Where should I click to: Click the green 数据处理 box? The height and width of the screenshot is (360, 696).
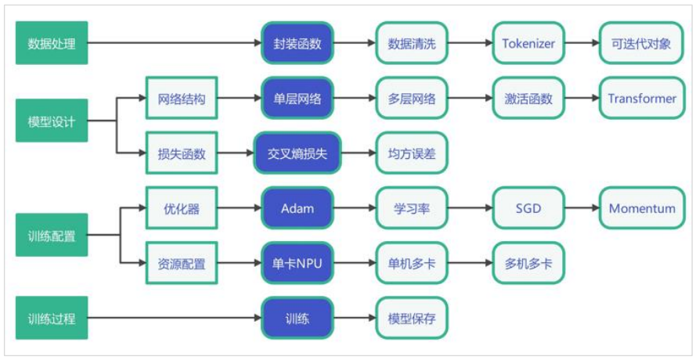click(52, 44)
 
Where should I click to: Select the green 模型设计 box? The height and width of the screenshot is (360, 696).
click(52, 121)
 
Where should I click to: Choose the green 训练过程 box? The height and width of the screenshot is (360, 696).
click(52, 319)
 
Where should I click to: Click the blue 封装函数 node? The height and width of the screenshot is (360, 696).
click(298, 44)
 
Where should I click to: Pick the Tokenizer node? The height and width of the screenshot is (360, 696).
click(528, 44)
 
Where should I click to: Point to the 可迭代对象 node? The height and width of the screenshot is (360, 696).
click(641, 44)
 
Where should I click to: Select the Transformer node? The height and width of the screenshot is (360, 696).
click(641, 99)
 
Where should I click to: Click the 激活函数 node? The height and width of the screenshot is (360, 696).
click(528, 99)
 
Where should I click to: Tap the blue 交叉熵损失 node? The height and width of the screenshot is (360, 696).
click(298, 154)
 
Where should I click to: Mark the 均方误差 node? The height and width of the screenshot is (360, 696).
click(412, 154)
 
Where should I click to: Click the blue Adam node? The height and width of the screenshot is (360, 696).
click(298, 208)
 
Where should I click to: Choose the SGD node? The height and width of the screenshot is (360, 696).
click(528, 208)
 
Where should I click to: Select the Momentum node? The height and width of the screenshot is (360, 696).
click(641, 208)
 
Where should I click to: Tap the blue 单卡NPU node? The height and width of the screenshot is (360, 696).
click(298, 264)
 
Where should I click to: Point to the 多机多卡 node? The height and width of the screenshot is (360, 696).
click(528, 264)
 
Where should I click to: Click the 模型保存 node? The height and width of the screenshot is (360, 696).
click(412, 319)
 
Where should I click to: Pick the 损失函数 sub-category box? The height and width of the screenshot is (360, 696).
click(181, 154)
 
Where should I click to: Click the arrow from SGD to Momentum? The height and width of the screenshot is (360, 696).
click(581, 208)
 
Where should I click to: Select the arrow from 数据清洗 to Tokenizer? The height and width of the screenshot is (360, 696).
click(470, 44)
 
